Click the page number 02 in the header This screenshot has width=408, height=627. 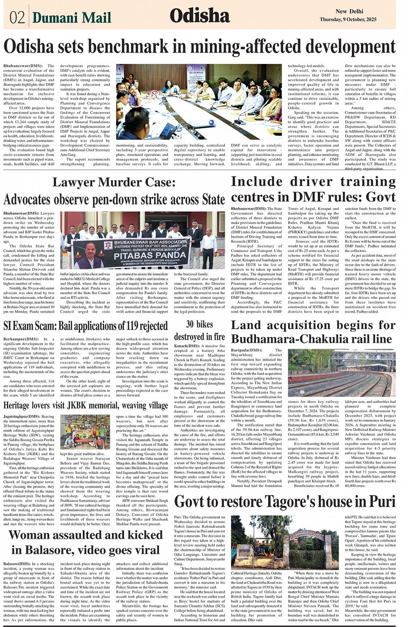pyautogui.click(x=17, y=17)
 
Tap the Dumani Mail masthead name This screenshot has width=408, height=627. pyautogui.click(x=72, y=17)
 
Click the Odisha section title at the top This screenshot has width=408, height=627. pyautogui.click(x=199, y=16)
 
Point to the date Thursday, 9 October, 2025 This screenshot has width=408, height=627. pyautogui.click(x=348, y=20)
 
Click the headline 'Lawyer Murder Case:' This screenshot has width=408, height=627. pyautogui.click(x=114, y=182)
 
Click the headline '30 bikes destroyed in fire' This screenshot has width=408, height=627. pyautogui.click(x=199, y=330)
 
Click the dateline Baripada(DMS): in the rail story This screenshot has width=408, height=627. pyautogui.click(x=247, y=350)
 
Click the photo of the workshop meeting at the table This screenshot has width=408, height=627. pyautogui.click(x=199, y=102)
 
